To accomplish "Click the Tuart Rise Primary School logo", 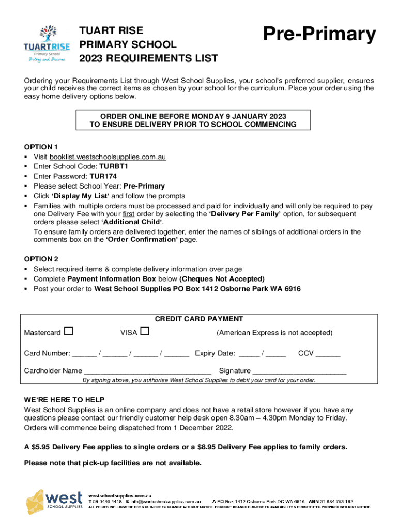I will pos(44,43).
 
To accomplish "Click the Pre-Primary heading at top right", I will pos(319,35).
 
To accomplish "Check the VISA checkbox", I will pos(145,331).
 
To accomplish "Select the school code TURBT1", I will pos(113,166).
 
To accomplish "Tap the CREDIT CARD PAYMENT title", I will pos(199,319).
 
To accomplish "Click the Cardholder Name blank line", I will pos(147,371).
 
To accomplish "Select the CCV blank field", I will pos(328,354).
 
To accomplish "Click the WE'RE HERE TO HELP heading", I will pos(64,400).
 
